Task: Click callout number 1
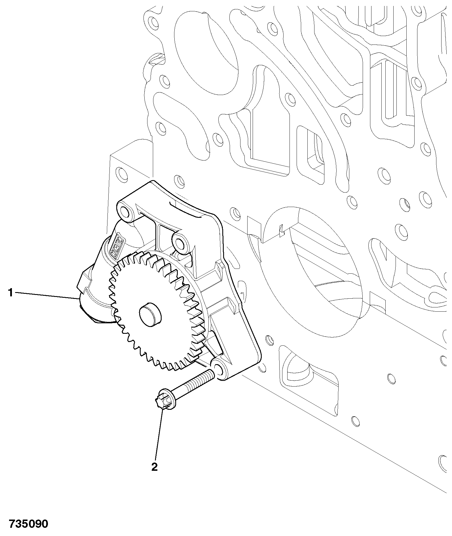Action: pos(10,292)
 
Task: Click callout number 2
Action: pos(154,467)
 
